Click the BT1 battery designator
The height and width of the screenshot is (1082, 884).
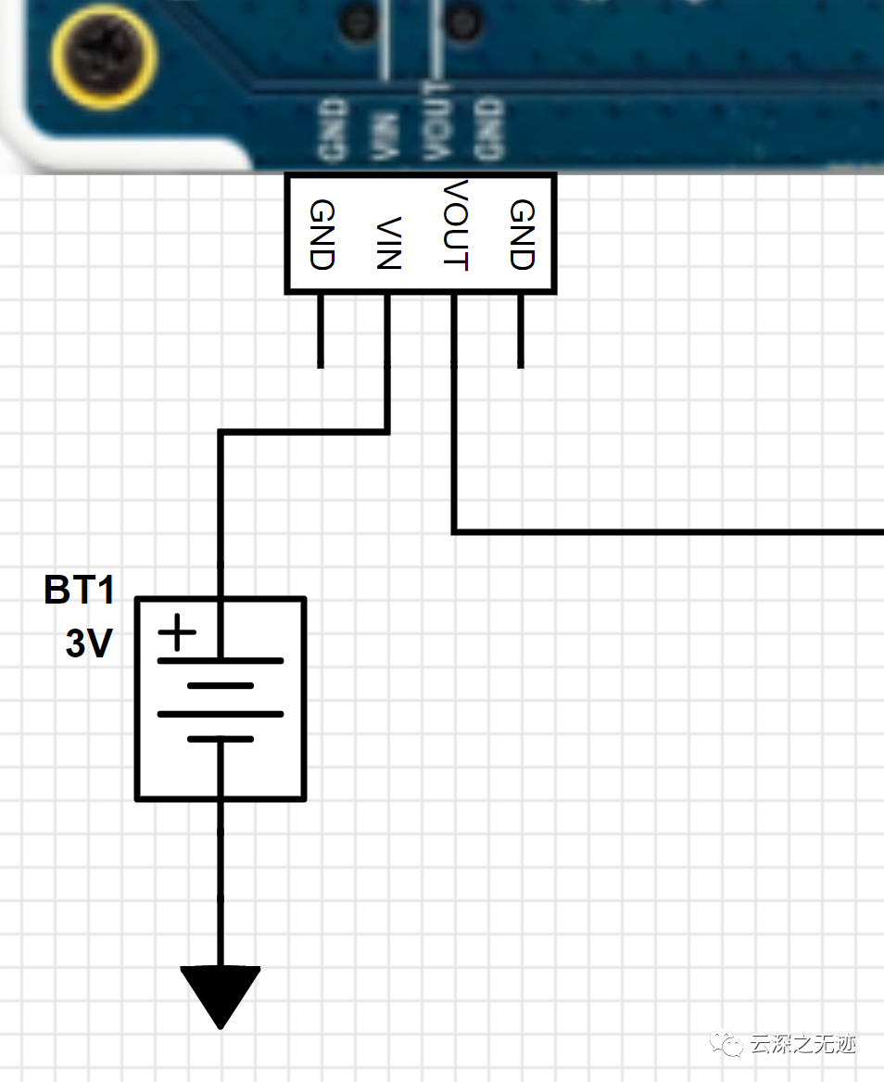pyautogui.click(x=80, y=590)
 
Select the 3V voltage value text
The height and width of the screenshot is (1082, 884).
pyautogui.click(x=89, y=643)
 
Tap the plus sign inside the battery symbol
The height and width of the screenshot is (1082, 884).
pyautogui.click(x=177, y=635)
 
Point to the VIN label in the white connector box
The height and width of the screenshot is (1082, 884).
pyautogui.click(x=387, y=243)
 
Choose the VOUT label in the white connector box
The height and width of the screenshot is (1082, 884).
pyautogui.click(x=453, y=226)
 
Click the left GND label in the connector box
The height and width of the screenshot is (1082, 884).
pyautogui.click(x=321, y=235)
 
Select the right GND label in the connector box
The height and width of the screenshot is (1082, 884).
pyautogui.click(x=521, y=235)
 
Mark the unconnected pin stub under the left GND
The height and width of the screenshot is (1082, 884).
pyautogui.click(x=321, y=331)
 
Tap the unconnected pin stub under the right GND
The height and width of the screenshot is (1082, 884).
pyautogui.click(x=521, y=331)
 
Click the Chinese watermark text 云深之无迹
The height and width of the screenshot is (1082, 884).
pyautogui.click(x=802, y=1044)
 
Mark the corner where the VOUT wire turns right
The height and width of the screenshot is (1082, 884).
pyautogui.click(x=454, y=532)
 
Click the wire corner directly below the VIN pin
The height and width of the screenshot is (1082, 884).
pyautogui.click(x=387, y=431)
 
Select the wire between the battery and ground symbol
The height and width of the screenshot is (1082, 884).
pyautogui.click(x=221, y=881)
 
